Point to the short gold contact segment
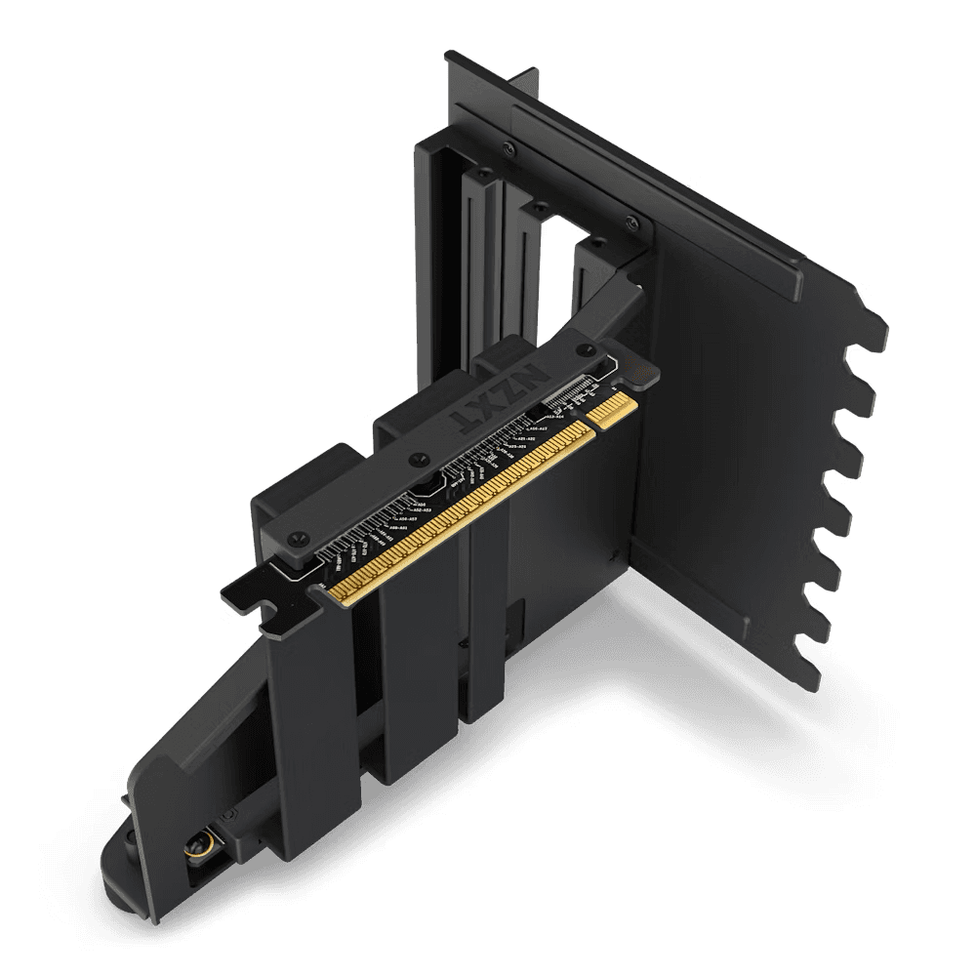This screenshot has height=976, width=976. [x=613, y=406]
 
